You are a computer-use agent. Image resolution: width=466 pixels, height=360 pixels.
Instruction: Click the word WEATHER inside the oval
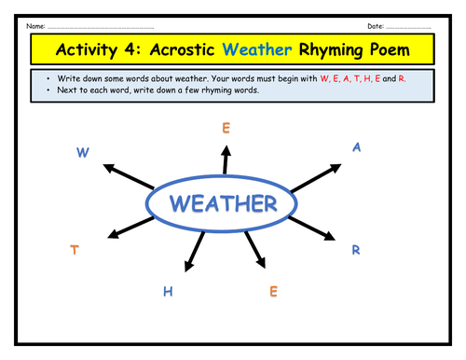tap(224, 203)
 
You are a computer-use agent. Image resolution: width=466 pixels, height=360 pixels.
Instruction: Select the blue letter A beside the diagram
tap(356, 147)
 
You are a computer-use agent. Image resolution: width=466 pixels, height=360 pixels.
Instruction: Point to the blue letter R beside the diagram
tap(355, 249)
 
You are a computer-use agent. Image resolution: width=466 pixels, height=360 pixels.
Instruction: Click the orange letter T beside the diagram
tap(74, 249)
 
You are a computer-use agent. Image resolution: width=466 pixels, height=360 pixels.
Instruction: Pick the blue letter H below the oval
tap(169, 292)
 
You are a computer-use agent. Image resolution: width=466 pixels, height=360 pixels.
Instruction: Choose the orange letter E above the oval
tap(226, 129)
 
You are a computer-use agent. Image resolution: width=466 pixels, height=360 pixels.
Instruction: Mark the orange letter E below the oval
tap(273, 292)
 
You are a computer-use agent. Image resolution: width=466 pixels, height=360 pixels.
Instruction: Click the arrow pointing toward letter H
tap(194, 253)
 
